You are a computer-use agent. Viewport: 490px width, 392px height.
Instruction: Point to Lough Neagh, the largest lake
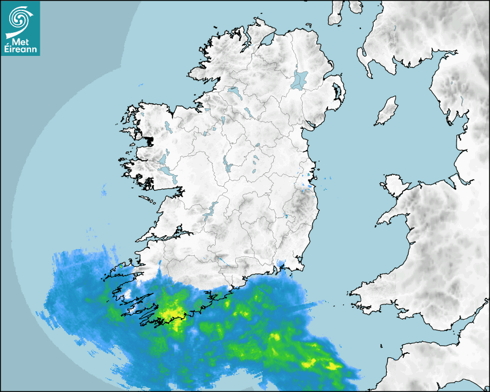pos(300,80)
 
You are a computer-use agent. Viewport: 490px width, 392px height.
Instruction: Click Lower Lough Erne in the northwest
pos(233,92)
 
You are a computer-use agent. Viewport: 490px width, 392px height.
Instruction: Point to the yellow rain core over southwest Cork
pos(171,314)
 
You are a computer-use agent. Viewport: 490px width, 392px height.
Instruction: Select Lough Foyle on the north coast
pos(268,42)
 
